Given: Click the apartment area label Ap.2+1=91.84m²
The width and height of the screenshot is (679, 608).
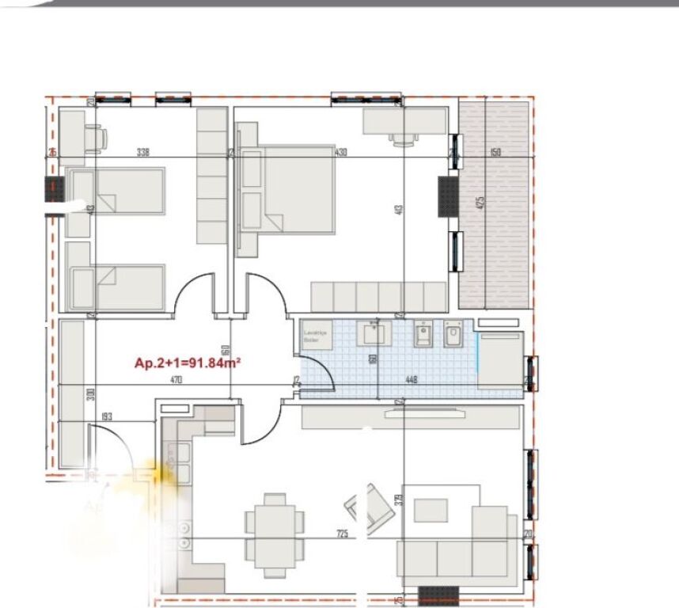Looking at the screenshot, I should (x=188, y=363).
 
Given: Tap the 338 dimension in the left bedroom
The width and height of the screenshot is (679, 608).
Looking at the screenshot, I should (x=143, y=152).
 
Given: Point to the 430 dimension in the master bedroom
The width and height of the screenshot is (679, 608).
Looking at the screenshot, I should (x=341, y=152).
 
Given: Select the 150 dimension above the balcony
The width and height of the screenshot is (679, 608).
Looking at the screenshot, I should (x=495, y=152).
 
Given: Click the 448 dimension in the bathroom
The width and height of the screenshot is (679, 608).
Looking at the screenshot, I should (x=411, y=380).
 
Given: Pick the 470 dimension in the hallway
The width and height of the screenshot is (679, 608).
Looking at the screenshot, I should (x=176, y=380).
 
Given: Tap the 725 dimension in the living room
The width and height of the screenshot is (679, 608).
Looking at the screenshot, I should (x=342, y=534).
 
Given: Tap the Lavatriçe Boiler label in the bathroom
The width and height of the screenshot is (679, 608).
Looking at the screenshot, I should (x=314, y=337).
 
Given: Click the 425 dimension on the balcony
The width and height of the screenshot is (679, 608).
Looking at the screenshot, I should (x=479, y=202).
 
